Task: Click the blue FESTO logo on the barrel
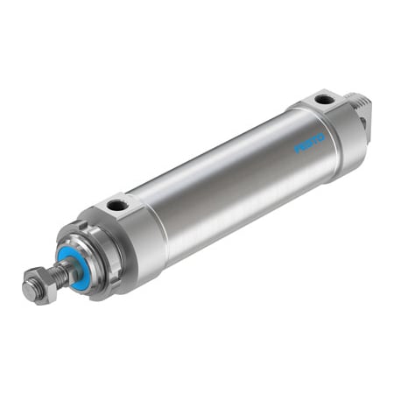tap(309, 144)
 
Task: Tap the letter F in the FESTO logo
tap(297, 150)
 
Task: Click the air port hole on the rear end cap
tap(325, 100)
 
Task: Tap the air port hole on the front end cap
tap(116, 207)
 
